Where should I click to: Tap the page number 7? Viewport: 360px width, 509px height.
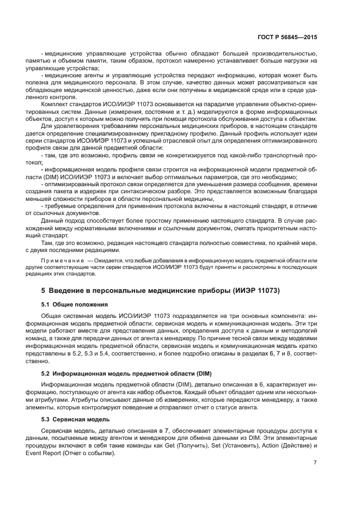tap(315, 462)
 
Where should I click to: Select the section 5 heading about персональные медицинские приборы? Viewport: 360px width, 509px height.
tap(161, 290)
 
